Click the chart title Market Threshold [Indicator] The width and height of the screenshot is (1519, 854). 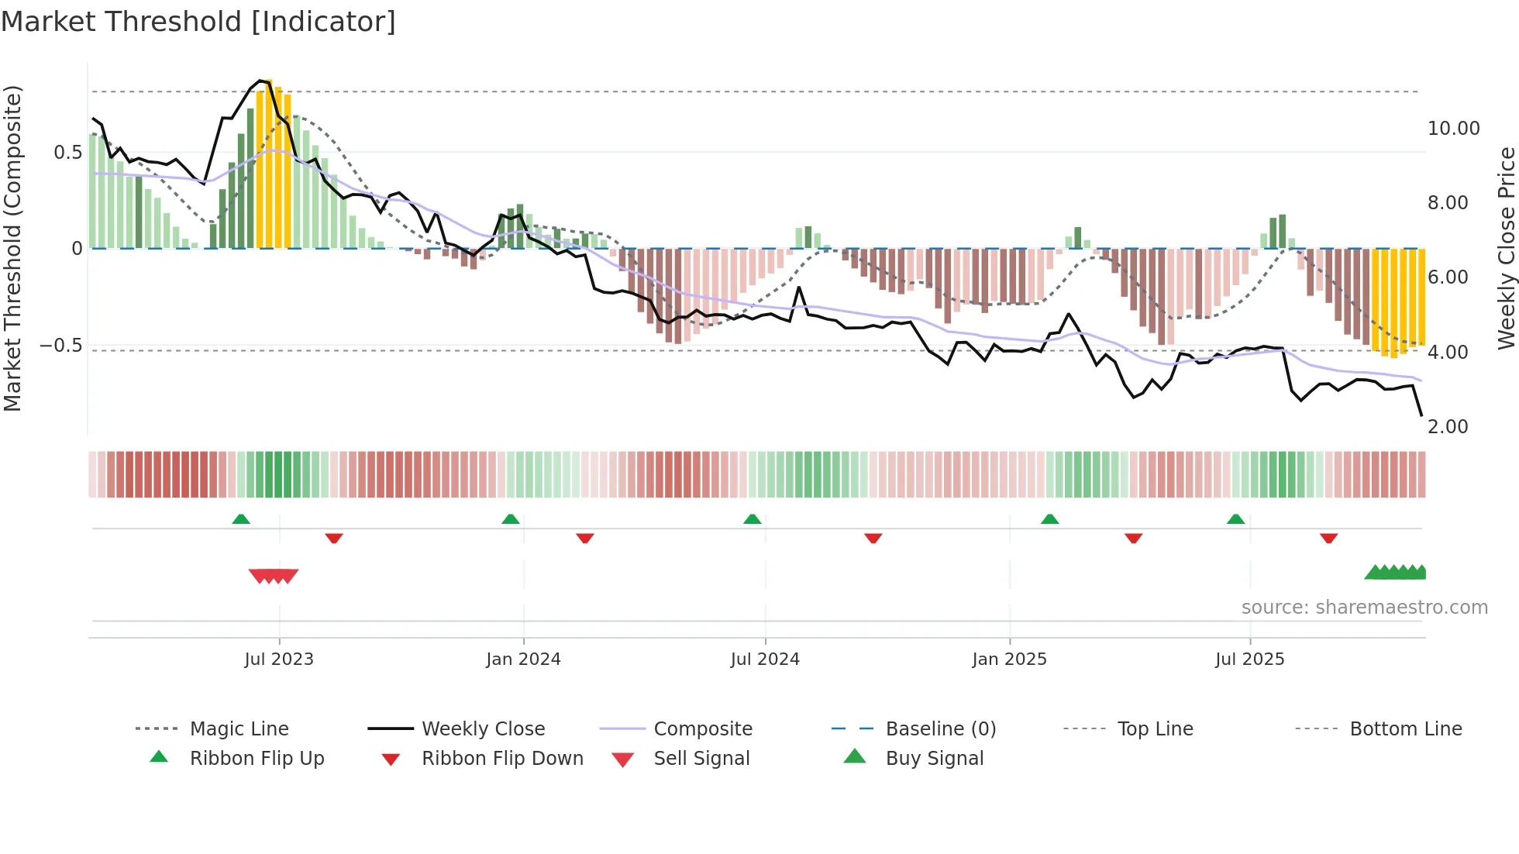[198, 22]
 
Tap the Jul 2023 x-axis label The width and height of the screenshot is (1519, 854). [279, 659]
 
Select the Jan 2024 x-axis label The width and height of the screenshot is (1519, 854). [523, 659]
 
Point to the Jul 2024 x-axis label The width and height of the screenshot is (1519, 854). [765, 659]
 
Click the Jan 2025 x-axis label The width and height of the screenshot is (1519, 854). [1009, 659]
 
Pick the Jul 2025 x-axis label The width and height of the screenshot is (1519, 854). [1249, 659]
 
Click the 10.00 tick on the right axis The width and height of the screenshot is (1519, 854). [1453, 129]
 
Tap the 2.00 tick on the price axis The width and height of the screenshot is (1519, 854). [1448, 427]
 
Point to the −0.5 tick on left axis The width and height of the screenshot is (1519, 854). [61, 346]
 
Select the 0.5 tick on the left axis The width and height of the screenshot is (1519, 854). [67, 153]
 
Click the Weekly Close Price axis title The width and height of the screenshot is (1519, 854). [1506, 248]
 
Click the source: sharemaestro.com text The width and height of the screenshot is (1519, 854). [1364, 608]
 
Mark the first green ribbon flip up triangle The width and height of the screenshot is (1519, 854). [241, 519]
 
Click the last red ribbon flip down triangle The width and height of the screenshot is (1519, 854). [1328, 538]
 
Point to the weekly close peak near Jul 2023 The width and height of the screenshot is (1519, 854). [261, 81]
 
